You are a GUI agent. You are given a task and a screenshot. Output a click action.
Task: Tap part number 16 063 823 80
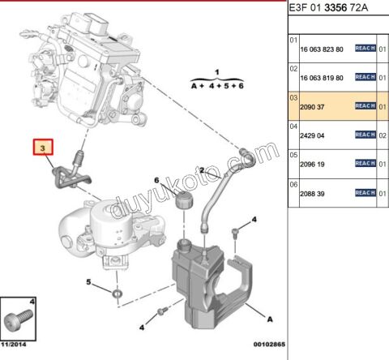pyautogui.click(x=321, y=49)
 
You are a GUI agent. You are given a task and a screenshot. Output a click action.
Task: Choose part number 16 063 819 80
pyautogui.click(x=321, y=78)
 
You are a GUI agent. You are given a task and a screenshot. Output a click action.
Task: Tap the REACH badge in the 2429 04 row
pyautogui.click(x=365, y=135)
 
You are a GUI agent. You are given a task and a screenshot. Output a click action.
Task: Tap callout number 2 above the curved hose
pyautogui.click(x=200, y=169)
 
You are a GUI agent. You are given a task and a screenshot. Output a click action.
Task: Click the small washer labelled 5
pyautogui.click(x=118, y=291)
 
